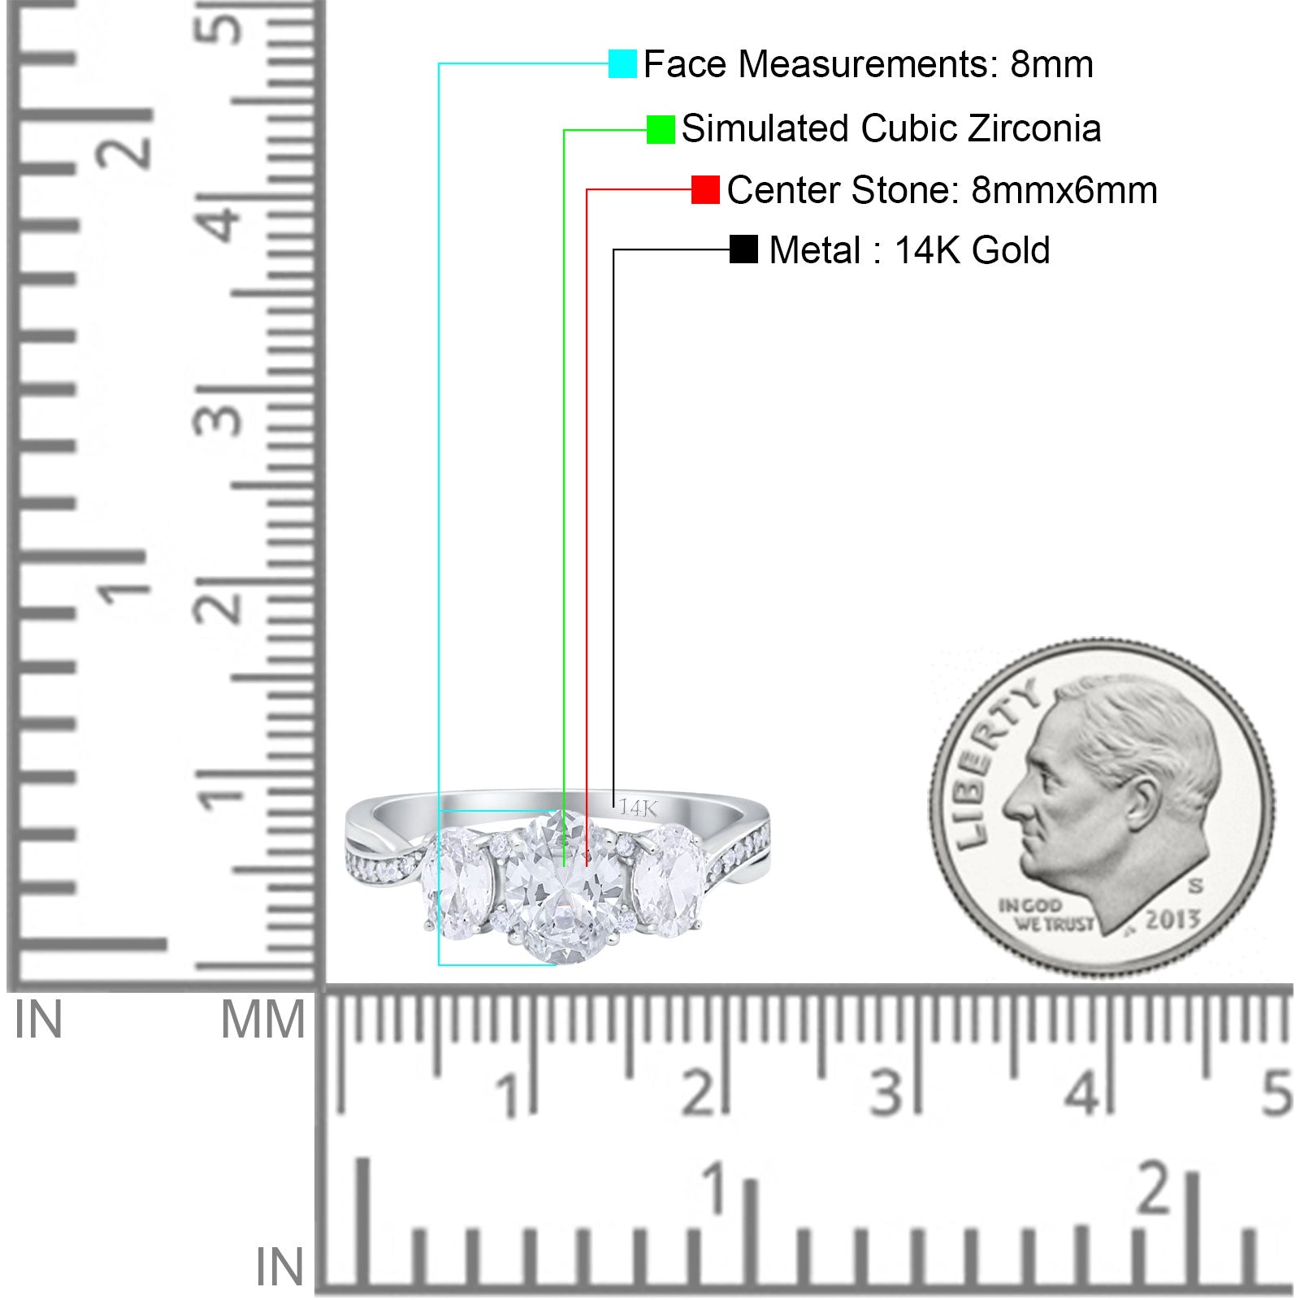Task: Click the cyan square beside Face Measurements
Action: (622, 63)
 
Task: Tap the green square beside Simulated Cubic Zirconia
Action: (661, 129)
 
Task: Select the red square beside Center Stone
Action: (705, 189)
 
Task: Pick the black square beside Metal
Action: (743, 249)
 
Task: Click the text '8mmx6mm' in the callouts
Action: (1064, 190)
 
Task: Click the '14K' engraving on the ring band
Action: (638, 808)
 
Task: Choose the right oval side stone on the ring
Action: (669, 882)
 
